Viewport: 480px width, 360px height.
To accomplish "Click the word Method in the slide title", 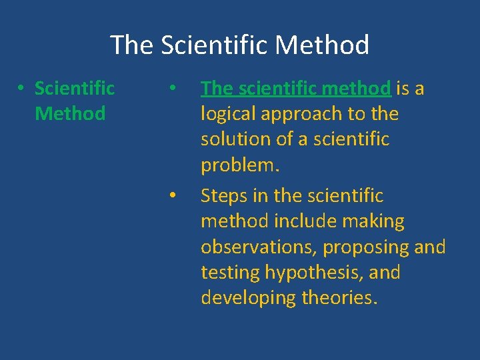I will [321, 45].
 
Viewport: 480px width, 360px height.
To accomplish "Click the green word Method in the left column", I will [70, 114].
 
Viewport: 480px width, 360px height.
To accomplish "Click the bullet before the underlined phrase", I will [172, 89].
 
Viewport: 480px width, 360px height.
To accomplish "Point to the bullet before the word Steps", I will [172, 196].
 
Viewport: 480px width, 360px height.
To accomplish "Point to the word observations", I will [259, 247].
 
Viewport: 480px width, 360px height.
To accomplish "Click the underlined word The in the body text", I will [216, 88].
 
